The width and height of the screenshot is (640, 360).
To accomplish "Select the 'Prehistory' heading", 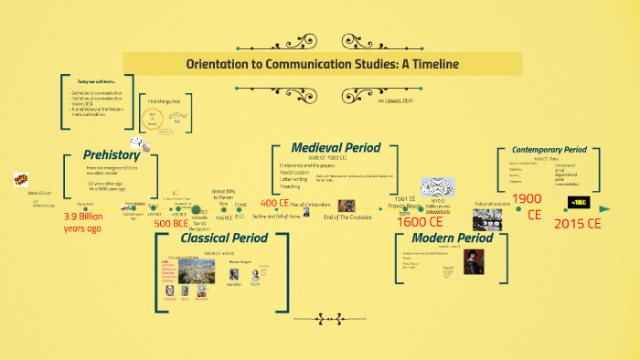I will (x=112, y=155).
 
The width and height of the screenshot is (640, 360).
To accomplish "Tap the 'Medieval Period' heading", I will (x=335, y=148).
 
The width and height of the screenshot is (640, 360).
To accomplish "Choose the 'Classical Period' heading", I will (x=223, y=238).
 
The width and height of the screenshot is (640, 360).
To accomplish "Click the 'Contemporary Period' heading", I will (x=549, y=150).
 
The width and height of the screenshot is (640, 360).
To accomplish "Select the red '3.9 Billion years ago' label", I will (x=91, y=222).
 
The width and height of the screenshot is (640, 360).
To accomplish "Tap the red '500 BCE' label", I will (x=170, y=223).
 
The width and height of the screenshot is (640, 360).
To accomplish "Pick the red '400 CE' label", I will (x=275, y=203).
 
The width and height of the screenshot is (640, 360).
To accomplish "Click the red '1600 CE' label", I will (x=420, y=221).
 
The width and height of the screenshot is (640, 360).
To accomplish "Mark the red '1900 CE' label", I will (x=528, y=206).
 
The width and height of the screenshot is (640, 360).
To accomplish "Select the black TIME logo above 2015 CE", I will (x=578, y=201).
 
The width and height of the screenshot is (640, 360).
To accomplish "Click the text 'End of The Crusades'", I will (x=347, y=217).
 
